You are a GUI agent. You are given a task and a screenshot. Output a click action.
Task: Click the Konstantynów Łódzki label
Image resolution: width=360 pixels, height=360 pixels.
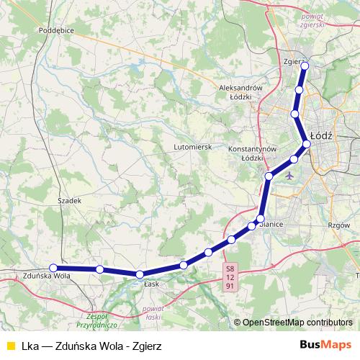[x=252, y=153]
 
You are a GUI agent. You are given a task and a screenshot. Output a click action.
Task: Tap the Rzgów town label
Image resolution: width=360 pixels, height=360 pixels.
[x=338, y=225]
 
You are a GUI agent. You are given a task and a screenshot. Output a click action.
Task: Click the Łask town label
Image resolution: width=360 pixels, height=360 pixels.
[x=150, y=284]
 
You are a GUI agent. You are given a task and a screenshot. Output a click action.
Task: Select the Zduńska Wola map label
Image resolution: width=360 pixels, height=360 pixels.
[x=45, y=276]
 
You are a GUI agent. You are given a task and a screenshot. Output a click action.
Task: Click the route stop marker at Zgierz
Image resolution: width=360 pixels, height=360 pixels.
[x=305, y=66]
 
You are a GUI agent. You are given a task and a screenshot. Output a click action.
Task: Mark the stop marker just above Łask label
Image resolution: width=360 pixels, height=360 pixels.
[x=140, y=274]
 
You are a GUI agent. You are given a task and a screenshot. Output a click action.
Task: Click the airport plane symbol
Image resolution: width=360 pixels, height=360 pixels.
[x=289, y=174]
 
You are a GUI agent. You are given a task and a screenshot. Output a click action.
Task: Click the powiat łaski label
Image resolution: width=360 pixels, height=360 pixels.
[x=152, y=313]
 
